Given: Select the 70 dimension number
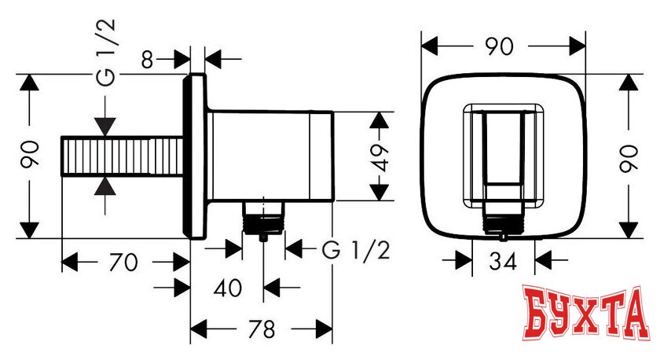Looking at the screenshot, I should (x=123, y=263).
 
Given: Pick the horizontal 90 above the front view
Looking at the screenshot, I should (x=499, y=47).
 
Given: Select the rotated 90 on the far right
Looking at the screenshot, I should (x=627, y=157).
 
